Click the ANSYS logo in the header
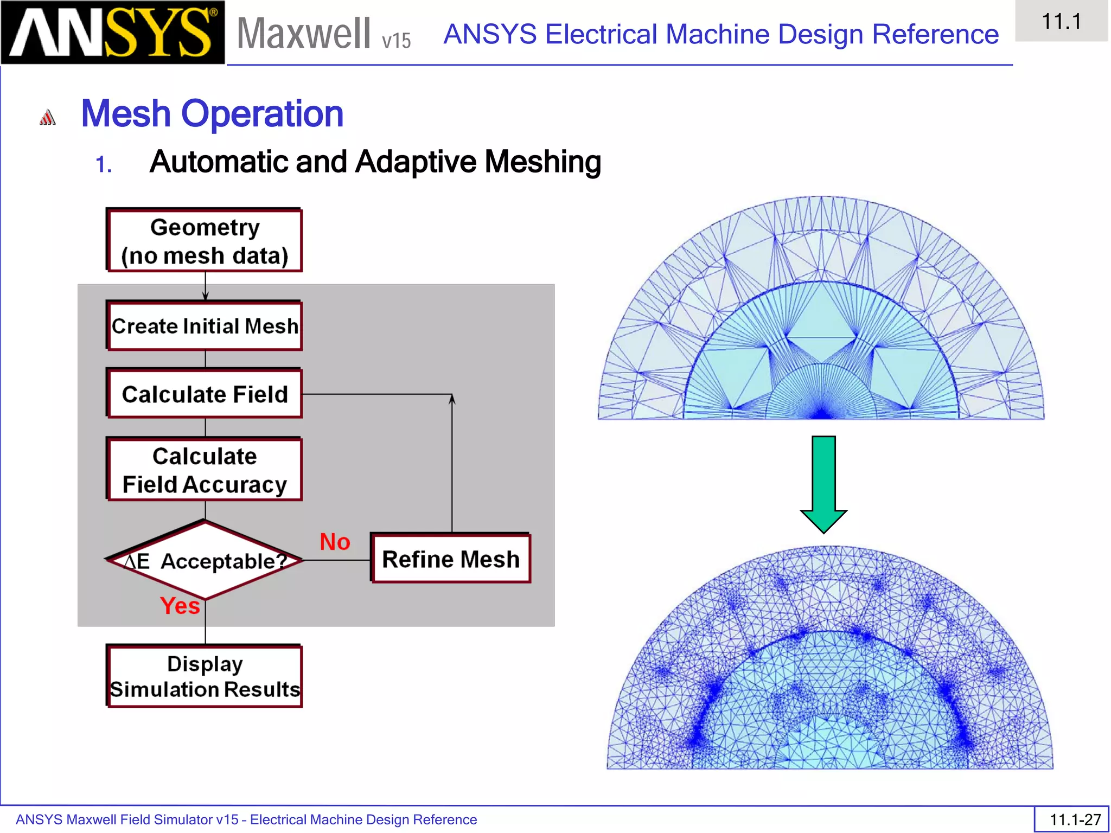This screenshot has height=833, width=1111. coord(112,33)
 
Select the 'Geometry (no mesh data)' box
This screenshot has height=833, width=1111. coord(205,241)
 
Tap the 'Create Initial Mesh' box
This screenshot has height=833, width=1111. coord(205,326)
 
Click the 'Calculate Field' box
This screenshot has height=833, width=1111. coord(205,394)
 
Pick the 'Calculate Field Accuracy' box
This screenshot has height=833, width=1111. coord(205,470)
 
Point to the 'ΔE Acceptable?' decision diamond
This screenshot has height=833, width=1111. coord(205,561)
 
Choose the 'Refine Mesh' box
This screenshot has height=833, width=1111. coord(451,559)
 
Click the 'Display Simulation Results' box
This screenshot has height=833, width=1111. coord(205,677)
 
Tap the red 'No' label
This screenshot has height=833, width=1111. coord(335,542)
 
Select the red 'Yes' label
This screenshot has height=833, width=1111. coord(180,606)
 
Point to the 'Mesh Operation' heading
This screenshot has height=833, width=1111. coord(212,114)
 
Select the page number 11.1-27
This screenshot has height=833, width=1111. coord(1075,819)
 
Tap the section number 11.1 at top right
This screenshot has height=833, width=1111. coord(1061,22)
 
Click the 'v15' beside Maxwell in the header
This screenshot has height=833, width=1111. coord(397,41)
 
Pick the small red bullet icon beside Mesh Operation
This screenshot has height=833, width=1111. coord(48,117)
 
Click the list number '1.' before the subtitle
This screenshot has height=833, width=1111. coord(104,165)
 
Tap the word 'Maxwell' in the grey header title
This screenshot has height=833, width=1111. coord(304,34)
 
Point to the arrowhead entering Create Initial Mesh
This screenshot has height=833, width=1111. coord(205,296)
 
